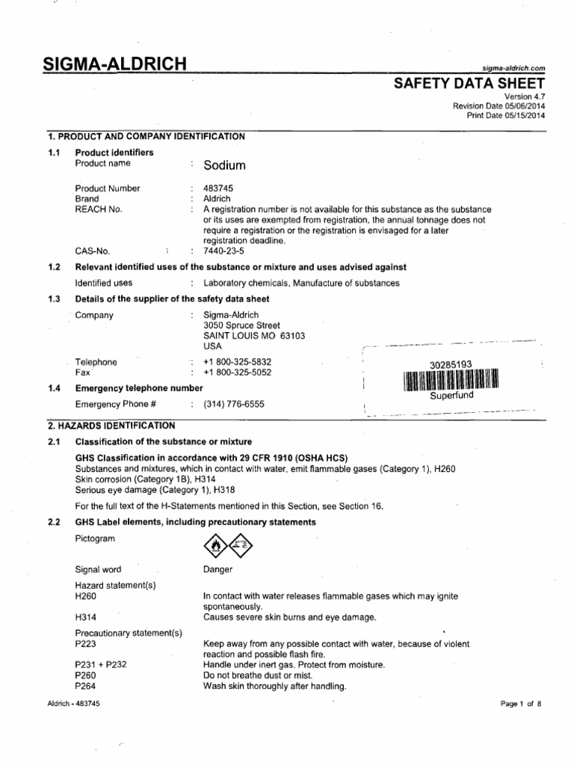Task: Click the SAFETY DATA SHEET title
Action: [x=469, y=83]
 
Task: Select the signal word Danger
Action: [x=218, y=569]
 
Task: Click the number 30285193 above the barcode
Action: [x=451, y=364]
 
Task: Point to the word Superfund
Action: [x=451, y=395]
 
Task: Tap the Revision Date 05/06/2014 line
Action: [x=499, y=106]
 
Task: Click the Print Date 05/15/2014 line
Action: [x=506, y=116]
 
